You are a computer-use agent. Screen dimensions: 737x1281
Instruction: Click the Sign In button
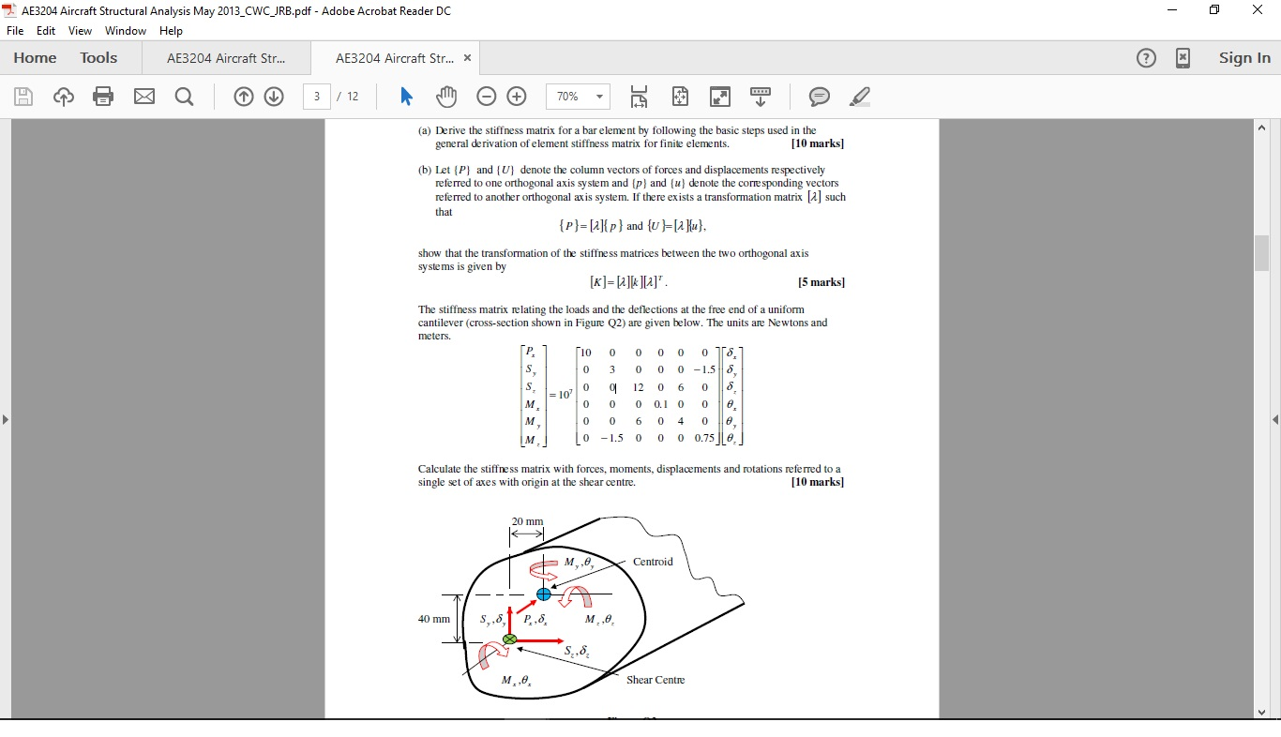coord(1244,58)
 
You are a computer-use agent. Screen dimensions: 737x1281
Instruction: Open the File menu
coord(15,31)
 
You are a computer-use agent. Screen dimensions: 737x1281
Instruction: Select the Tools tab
coord(98,58)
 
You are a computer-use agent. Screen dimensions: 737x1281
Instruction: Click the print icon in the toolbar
coord(103,97)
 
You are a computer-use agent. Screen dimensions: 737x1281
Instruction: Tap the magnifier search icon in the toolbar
coord(185,97)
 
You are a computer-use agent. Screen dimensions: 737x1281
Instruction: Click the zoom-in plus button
coord(517,97)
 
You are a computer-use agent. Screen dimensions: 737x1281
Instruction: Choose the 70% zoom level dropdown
coord(578,97)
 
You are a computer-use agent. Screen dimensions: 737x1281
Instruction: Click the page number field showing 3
coord(317,97)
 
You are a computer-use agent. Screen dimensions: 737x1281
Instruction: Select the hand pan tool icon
coord(446,97)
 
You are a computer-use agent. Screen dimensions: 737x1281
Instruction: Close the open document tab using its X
coord(467,58)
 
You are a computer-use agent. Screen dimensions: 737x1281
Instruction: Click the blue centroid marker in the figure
coord(544,594)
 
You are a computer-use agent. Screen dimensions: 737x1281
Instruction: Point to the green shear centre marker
coord(509,639)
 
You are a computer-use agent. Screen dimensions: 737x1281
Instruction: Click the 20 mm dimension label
coord(527,521)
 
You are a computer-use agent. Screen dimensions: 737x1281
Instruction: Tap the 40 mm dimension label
coord(434,619)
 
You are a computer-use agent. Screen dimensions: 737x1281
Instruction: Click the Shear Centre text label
coord(656,680)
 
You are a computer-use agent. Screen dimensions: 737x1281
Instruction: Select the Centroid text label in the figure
coord(653,562)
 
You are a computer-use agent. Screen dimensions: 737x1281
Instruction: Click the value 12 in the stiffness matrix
coord(638,386)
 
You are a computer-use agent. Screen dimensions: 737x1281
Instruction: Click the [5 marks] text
coord(821,282)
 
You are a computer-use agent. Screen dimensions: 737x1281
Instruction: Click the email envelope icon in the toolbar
coord(144,97)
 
